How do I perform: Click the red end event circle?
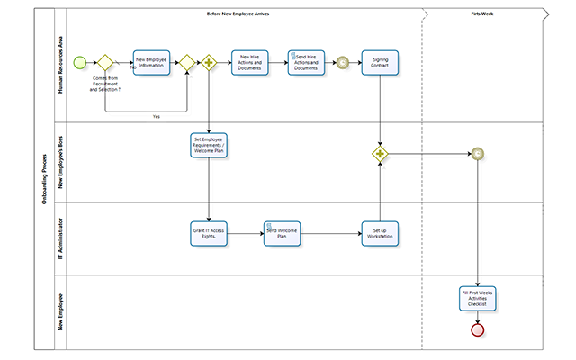478,329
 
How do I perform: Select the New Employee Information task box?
151,63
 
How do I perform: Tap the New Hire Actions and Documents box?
250,63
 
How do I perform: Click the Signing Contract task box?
380,63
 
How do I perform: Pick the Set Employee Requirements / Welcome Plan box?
209,147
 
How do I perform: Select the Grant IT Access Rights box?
209,233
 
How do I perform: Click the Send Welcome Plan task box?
281,233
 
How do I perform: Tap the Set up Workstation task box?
380,233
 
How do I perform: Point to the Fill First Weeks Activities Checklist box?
477,300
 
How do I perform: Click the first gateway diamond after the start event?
104,63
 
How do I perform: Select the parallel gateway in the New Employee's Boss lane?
380,154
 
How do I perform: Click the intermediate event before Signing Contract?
341,63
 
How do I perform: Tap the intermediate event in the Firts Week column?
478,154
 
